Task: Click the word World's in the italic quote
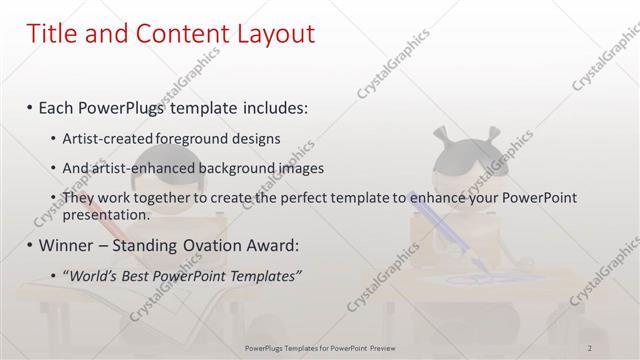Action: point(95,276)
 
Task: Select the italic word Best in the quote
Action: point(144,276)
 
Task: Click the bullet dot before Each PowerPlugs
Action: point(30,106)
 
